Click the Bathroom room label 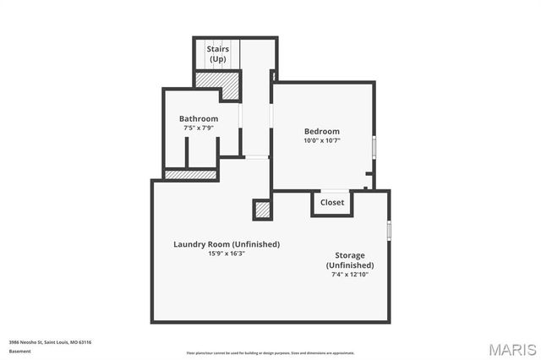click(x=199, y=118)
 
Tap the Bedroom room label click(x=322, y=131)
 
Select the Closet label click(x=331, y=203)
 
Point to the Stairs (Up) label click(x=218, y=53)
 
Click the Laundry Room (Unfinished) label click(x=227, y=244)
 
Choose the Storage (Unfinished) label click(x=349, y=260)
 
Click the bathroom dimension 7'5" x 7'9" click(x=199, y=128)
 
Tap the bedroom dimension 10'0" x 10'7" click(x=322, y=140)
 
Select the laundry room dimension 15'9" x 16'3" click(x=227, y=254)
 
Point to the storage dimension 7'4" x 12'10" click(x=349, y=274)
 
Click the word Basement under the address click(x=20, y=351)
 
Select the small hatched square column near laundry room click(x=262, y=208)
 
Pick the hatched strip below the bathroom click(x=190, y=175)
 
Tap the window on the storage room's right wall click(x=389, y=229)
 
